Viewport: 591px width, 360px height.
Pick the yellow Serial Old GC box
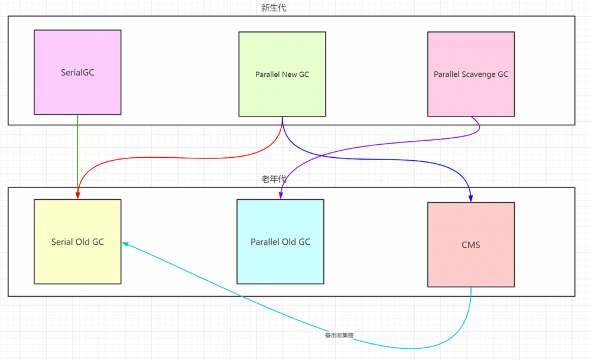pos(77,260)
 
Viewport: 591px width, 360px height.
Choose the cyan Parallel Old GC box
pos(280,260)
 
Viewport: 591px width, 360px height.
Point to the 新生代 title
pos(274,8)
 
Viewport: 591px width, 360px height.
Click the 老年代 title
pos(274,179)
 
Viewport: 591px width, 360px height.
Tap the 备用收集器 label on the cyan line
pos(339,335)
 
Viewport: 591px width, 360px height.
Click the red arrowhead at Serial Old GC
pos(78,195)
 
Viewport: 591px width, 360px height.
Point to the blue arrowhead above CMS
pos(471,198)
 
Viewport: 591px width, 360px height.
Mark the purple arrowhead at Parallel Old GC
pos(281,195)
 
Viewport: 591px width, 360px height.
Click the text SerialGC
pos(77,73)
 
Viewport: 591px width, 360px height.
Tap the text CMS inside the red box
pos(471,244)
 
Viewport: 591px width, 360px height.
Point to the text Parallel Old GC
pos(280,242)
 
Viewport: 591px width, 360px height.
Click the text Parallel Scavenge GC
pos(471,74)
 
